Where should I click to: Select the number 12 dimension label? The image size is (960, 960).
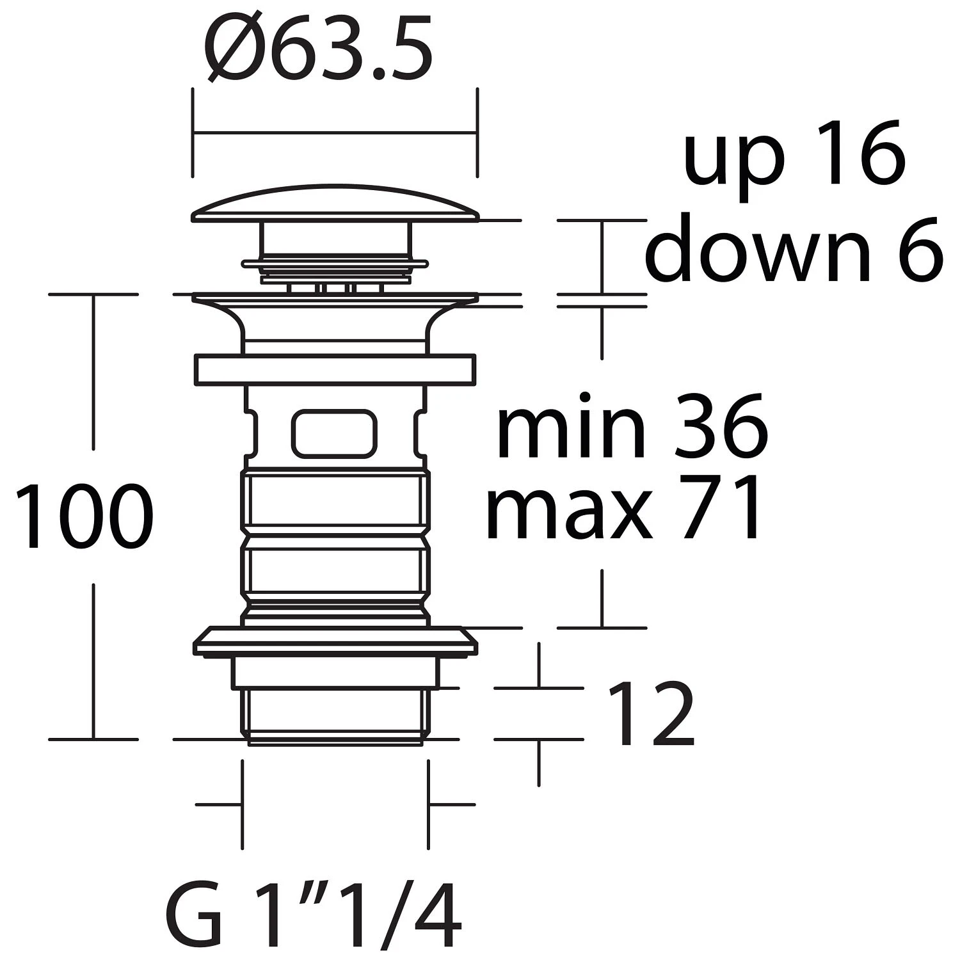650,714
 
